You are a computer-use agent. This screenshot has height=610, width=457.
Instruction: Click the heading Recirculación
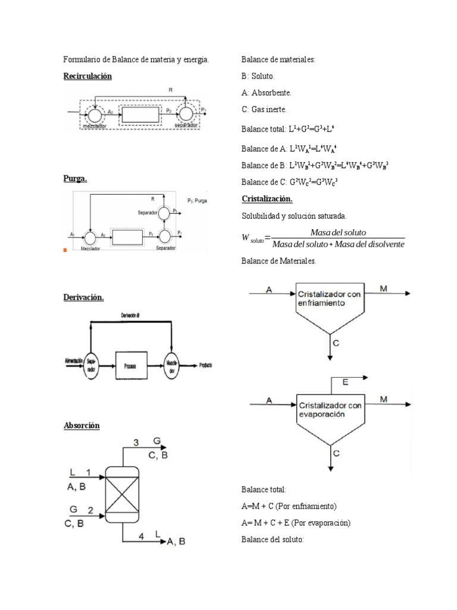pyautogui.click(x=87, y=76)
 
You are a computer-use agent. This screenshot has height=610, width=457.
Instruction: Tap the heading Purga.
pyautogui.click(x=75, y=178)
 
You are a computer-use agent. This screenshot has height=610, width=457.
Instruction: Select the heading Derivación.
pyautogui.click(x=83, y=297)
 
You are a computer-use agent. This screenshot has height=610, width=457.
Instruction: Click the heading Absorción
pyautogui.click(x=82, y=425)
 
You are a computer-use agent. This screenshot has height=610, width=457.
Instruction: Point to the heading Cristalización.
pyautogui.click(x=267, y=198)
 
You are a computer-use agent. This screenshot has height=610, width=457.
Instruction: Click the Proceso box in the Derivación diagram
pyautogui.click(x=130, y=365)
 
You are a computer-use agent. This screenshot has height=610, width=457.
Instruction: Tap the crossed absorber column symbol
pyautogui.click(x=122, y=492)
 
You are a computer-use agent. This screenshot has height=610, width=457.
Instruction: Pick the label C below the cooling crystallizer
pyautogui.click(x=336, y=343)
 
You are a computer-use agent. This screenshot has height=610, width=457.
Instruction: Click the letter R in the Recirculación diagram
pyautogui.click(x=170, y=91)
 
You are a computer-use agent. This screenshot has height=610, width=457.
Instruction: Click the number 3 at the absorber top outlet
pyautogui.click(x=136, y=442)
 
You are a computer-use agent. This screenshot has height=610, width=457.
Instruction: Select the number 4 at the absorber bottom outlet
pyautogui.click(x=141, y=536)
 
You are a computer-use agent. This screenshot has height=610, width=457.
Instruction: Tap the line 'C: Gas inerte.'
pyautogui.click(x=264, y=110)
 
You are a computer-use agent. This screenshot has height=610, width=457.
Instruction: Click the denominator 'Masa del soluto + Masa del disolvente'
pyautogui.click(x=337, y=244)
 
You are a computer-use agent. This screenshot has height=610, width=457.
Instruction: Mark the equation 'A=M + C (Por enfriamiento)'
pyautogui.click(x=289, y=506)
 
